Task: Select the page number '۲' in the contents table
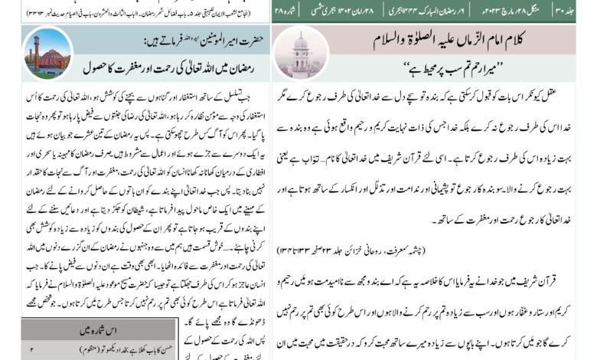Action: pyautogui.click(x=31, y=349)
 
